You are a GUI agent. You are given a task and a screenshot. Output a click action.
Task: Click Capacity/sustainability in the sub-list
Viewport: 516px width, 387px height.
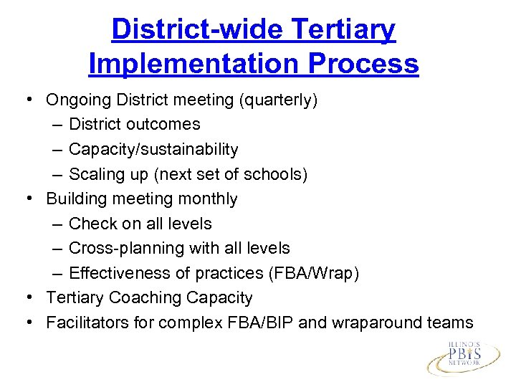pos(153,149)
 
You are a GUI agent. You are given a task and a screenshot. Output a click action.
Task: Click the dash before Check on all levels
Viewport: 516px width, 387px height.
pos(58,224)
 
